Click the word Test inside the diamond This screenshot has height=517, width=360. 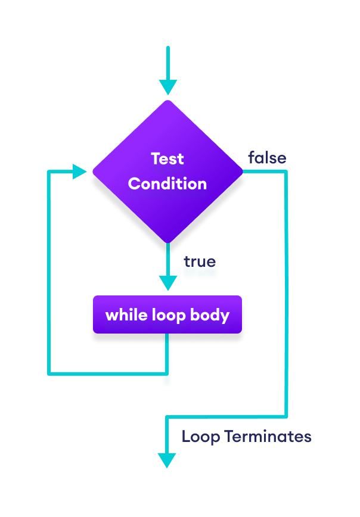click(167, 159)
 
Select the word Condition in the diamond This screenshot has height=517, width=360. click(167, 183)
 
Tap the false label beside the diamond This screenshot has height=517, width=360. click(267, 158)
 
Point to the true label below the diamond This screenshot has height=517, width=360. click(199, 261)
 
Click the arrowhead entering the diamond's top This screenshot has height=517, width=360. click(168, 88)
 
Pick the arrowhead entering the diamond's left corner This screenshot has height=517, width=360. click(80, 173)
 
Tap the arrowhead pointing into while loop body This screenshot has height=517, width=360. click(168, 282)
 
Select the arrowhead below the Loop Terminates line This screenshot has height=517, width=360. click(167, 460)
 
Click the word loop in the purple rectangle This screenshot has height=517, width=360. click(169, 314)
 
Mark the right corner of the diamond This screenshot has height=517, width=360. click(242, 172)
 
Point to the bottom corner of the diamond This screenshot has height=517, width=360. click(168, 242)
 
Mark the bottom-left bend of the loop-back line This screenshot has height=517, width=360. click(49, 373)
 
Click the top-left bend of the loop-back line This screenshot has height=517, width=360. click(49, 173)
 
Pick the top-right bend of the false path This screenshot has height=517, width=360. click(285, 172)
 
